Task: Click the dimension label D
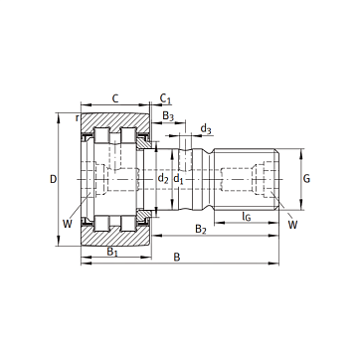coord(53,179)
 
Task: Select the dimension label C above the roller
coord(115,98)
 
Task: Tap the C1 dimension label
coord(165,98)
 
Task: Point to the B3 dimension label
coord(168,116)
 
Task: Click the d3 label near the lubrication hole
coord(206,128)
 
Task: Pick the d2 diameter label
coord(163,179)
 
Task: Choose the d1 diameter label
coord(179,179)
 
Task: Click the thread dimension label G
coord(306,179)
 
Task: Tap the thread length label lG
coord(246,217)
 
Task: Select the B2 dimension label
coord(201,229)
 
